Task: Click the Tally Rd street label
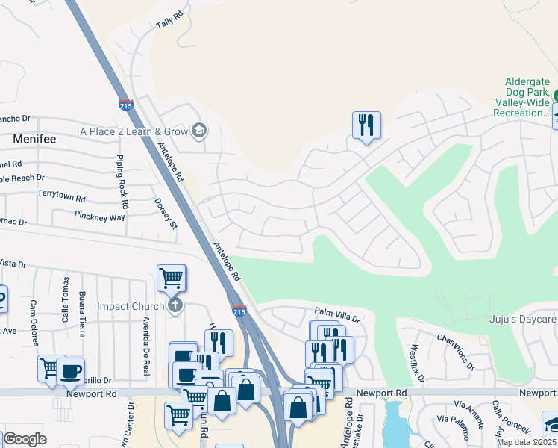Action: click(169, 20)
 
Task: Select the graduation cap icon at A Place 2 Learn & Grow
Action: click(198, 131)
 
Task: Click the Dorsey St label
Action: click(166, 214)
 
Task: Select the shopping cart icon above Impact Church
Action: click(171, 278)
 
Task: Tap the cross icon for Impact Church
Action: click(175, 305)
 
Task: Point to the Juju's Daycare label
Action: click(522, 320)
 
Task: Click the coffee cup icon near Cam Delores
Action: click(71, 370)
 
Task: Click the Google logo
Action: click(25, 439)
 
